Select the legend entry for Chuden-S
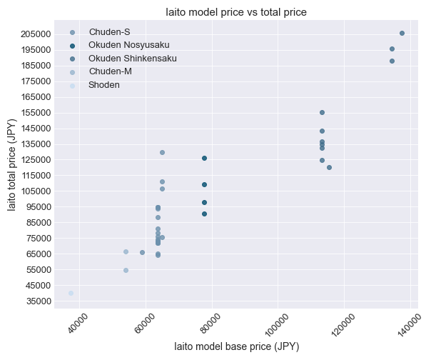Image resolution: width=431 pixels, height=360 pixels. pyautogui.click(x=109, y=32)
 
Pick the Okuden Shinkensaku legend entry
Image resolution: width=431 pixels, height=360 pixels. pyautogui.click(x=132, y=59)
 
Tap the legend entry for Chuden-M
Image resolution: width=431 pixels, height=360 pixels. pyautogui.click(x=110, y=71)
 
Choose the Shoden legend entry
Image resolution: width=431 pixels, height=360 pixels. pyautogui.click(x=104, y=85)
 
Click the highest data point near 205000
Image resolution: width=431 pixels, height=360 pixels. pyautogui.click(x=402, y=33)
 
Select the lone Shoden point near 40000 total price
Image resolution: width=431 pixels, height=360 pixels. pyautogui.click(x=71, y=293)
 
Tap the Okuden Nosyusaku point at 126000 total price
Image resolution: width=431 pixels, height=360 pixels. pyautogui.click(x=204, y=158)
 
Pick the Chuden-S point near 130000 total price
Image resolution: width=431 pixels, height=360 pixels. pyautogui.click(x=162, y=152)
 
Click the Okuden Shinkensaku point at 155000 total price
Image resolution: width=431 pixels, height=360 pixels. pyautogui.click(x=322, y=112)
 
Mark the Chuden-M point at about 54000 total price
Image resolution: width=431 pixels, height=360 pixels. pyautogui.click(x=126, y=270)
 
